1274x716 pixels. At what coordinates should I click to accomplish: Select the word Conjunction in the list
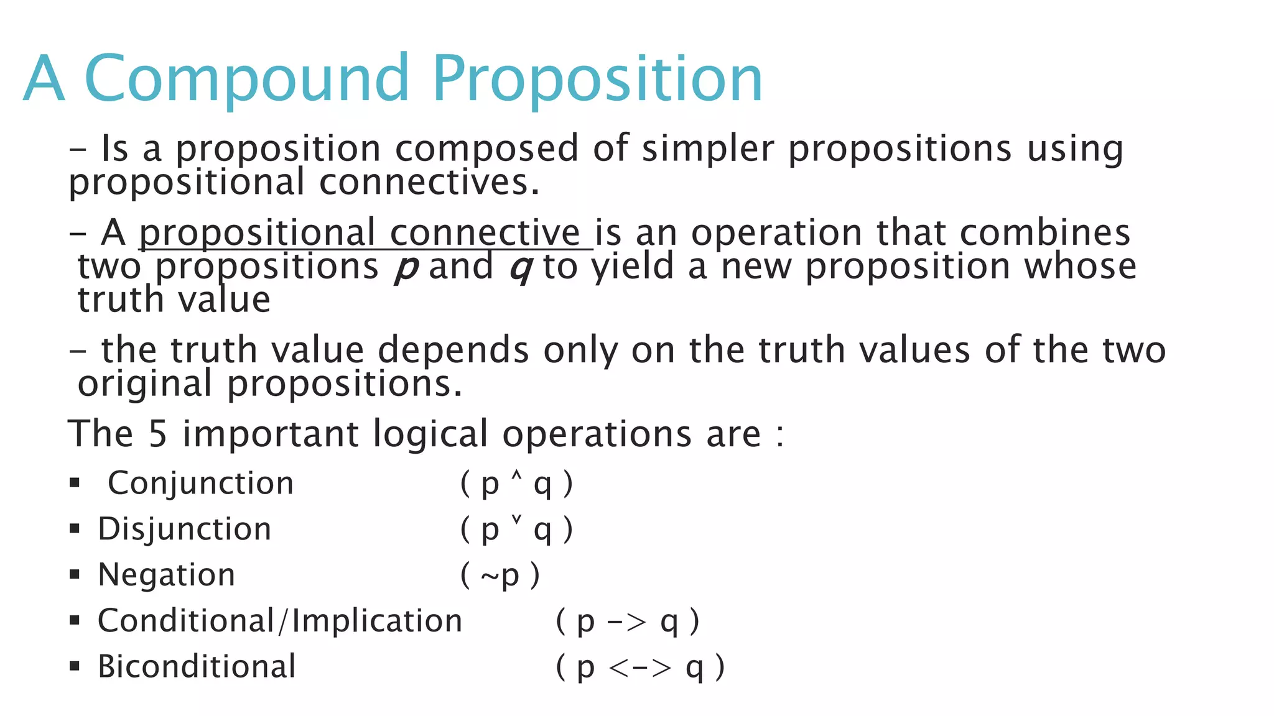pos(200,484)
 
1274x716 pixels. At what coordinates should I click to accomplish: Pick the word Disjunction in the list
pos(185,530)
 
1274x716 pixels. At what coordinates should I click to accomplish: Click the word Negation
pos(167,575)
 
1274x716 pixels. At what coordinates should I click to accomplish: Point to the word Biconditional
pos(197,667)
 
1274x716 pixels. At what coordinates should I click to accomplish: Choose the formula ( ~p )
pos(500,576)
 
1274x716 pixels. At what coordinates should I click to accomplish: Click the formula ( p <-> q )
pos(640,668)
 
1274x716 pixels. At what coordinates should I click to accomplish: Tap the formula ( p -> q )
pos(627,622)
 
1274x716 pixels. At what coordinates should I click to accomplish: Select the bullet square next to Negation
pos(75,574)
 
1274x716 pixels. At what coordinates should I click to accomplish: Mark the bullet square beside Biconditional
pos(75,666)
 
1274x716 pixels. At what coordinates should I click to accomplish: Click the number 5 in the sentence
pos(157,434)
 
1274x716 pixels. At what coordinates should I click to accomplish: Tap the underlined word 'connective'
pos(485,233)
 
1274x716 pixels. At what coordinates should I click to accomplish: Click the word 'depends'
pos(453,351)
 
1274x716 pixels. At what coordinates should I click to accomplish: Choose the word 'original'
pos(144,384)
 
